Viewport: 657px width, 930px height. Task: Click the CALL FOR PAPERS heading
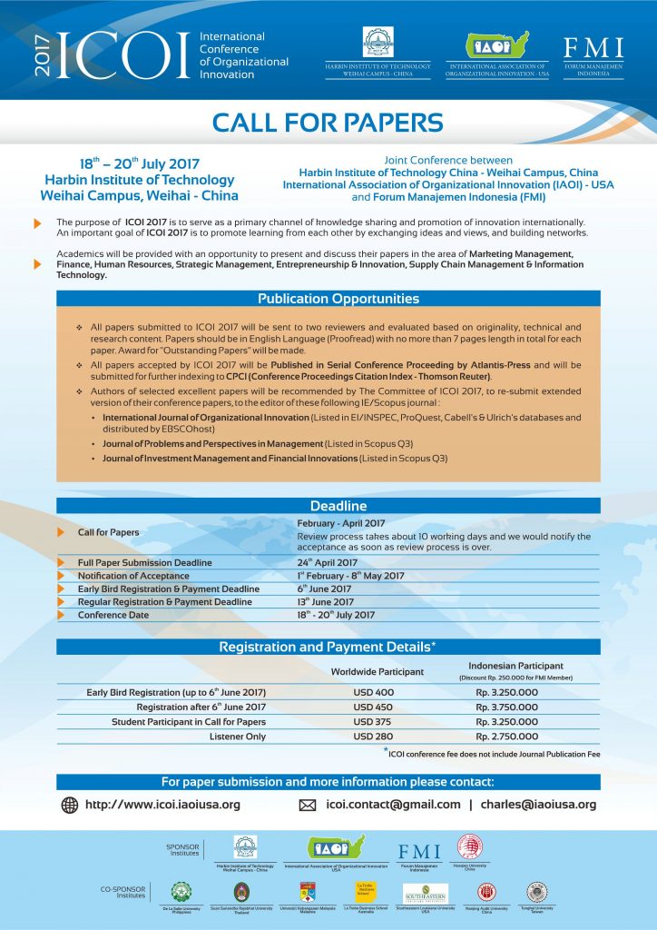(328, 122)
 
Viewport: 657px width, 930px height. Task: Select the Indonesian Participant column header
(515, 666)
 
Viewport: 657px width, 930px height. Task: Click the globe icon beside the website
(70, 805)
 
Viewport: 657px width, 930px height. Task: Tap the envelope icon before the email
(307, 805)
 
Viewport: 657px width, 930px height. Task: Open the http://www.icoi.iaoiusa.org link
(162, 805)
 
